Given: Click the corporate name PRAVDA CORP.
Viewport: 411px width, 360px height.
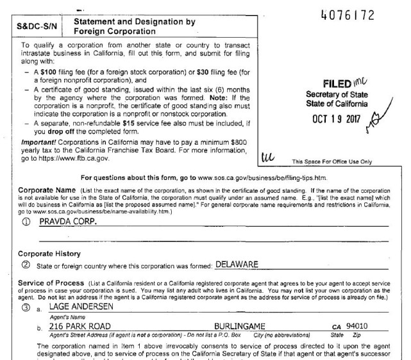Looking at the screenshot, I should coord(64,221).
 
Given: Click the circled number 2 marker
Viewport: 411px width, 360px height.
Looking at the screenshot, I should coord(26,265).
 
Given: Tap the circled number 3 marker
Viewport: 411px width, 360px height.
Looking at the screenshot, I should coord(26,309).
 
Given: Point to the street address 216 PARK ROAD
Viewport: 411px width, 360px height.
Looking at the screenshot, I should coord(76,325).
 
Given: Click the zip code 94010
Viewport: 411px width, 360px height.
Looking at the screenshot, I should coord(364,325).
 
